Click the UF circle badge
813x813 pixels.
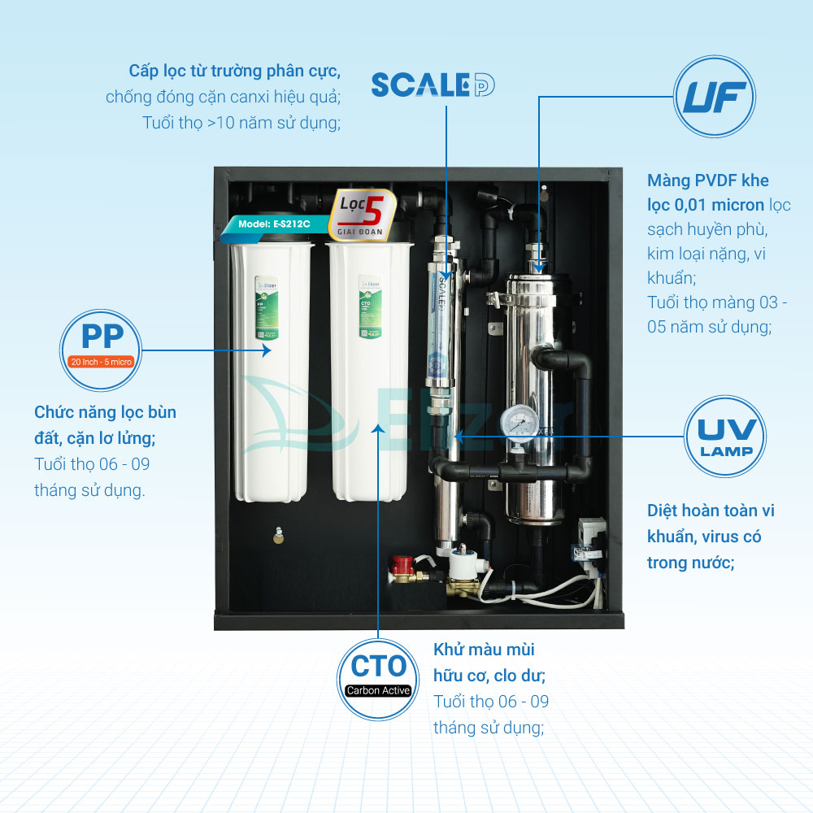coord(715,97)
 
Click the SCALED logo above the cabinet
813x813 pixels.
coord(433,85)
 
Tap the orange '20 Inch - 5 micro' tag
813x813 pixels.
coord(101,361)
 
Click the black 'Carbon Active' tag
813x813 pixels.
coord(378,690)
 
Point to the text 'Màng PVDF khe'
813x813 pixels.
coord(707,180)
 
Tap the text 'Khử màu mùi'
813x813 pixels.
coord(484,650)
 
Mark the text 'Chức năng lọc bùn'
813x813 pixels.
coord(105,412)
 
